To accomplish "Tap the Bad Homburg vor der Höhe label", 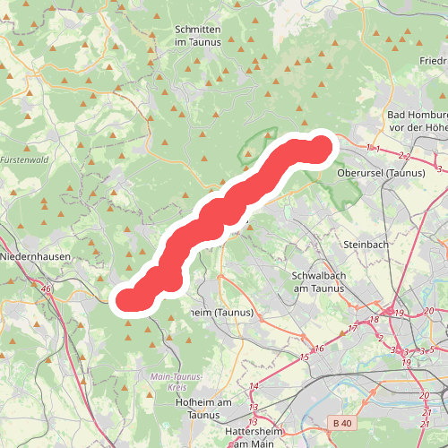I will point(417,122).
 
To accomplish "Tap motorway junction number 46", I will point(46,289).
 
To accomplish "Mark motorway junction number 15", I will point(304,358).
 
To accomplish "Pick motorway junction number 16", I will point(318,349).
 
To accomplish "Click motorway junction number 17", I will point(352,329).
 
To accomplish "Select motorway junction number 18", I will point(375,319).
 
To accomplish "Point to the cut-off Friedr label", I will point(434,61).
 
